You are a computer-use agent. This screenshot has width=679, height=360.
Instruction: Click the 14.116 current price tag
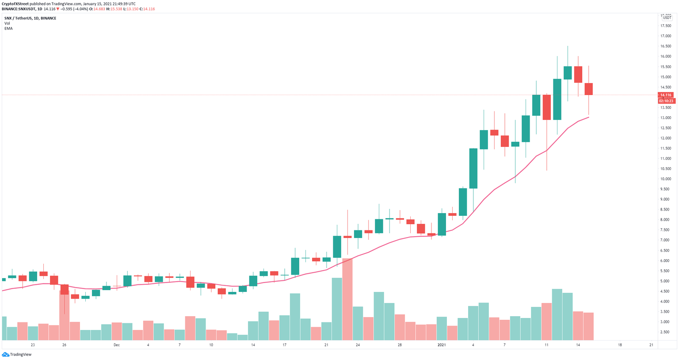pos(665,95)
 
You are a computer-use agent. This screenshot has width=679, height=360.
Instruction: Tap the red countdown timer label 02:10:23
pos(665,101)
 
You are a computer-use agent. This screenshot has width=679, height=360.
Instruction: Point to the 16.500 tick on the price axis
pos(665,46)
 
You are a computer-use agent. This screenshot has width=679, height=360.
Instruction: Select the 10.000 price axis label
pos(665,179)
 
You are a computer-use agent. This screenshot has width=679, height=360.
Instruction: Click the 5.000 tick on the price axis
pos(665,281)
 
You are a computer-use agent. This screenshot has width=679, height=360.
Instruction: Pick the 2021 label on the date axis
pos(442,345)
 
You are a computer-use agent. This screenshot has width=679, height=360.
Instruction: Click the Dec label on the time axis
pos(116,345)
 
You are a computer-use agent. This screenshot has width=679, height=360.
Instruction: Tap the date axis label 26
pos(64,345)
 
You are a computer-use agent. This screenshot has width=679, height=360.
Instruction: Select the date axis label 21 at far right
pos(651,345)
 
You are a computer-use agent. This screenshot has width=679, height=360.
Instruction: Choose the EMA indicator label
pos(8,28)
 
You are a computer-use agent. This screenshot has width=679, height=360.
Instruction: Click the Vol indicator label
pos(7,23)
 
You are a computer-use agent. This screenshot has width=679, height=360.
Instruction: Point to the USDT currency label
pos(667,18)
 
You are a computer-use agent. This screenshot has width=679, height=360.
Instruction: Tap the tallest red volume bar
pos(347,299)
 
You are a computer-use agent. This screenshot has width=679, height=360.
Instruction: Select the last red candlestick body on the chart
pos(588,89)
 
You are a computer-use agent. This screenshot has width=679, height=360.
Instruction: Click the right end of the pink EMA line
pos(588,117)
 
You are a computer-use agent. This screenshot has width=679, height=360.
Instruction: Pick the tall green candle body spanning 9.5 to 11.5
pos(473,169)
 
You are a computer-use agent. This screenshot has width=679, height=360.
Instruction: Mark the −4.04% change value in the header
pos(76,9)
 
